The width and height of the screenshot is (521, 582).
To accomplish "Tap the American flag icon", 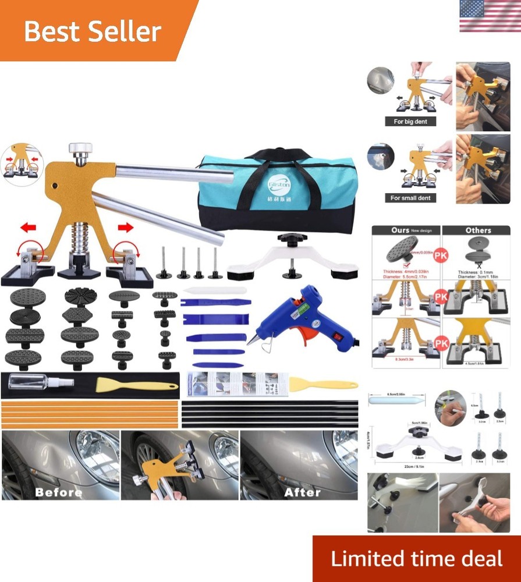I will coord(490,16).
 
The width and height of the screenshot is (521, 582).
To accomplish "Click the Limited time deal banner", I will coord(416,559).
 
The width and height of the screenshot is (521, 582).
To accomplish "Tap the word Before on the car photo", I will coord(58,492).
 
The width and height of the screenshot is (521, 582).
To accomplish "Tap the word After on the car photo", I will coord(303,492).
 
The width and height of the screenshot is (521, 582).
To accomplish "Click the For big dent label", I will coord(410,122).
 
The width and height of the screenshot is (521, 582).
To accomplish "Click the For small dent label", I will coord(410,198).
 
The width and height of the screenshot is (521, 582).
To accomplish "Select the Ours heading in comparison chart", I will coord(401,230).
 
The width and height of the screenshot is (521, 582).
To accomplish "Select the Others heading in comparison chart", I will coord(478,230).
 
